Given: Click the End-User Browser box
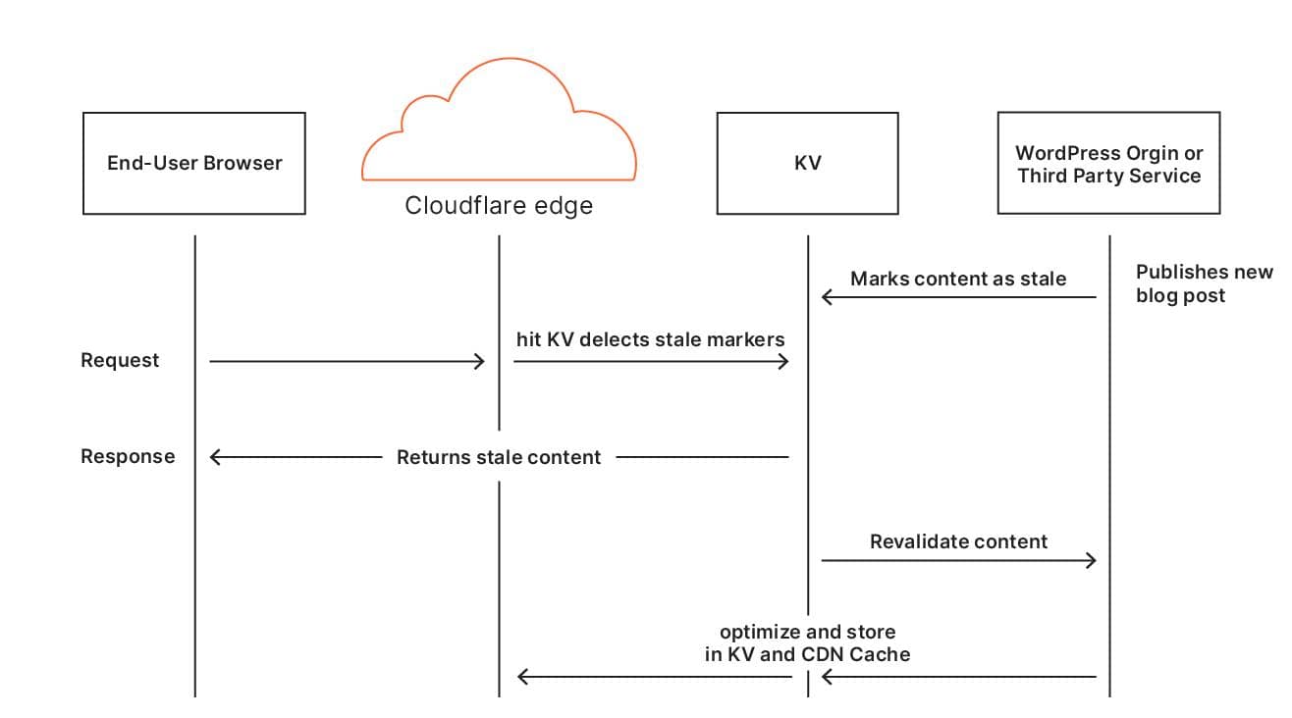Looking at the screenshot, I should tap(193, 163).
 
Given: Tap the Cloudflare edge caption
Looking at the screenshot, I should tap(499, 206).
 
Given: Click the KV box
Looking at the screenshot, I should tap(807, 163).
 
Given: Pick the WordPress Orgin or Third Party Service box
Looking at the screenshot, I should tap(1108, 163).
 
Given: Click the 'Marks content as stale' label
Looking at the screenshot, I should tap(957, 279).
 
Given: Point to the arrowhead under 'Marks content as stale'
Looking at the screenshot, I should tap(827, 297).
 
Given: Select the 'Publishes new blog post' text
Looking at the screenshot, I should tap(1203, 283).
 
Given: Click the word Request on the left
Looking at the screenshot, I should tap(120, 360).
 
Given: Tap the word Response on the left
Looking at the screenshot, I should tap(128, 456).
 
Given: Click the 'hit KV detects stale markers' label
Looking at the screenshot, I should tap(650, 339).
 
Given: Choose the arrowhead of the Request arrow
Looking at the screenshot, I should tap(480, 362).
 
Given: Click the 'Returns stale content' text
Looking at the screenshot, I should tap(499, 457).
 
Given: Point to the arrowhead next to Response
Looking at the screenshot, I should tap(216, 457).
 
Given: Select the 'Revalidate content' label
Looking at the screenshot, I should tap(958, 541).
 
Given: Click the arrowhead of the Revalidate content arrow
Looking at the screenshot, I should tap(1091, 561).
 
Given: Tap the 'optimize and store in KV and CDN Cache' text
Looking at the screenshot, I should tap(807, 642).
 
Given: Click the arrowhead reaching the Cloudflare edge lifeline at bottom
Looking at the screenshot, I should tap(523, 677).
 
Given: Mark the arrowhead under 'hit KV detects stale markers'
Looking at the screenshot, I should tap(783, 362).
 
